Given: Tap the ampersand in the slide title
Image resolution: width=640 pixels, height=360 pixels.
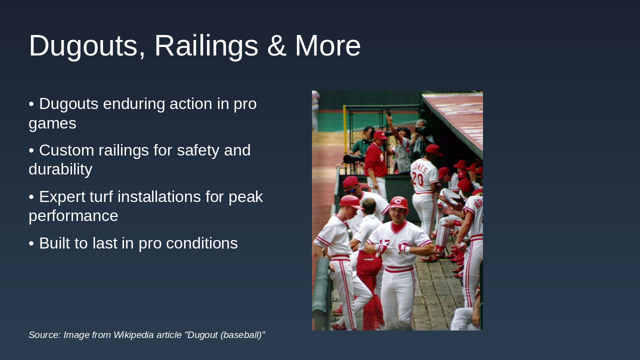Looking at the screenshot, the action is coord(276,45).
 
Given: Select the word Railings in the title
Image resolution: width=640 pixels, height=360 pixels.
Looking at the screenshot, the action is coord(206,46).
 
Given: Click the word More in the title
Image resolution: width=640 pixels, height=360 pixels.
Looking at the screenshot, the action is coord(327,45).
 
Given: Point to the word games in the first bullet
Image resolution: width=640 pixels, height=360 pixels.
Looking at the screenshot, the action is coord(52,123).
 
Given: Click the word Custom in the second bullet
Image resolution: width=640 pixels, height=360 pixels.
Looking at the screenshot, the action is coord(66,150).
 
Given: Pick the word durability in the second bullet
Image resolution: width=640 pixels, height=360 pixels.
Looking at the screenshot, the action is coord(60,169).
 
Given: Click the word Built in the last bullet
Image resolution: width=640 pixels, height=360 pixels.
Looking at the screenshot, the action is coord(54,243).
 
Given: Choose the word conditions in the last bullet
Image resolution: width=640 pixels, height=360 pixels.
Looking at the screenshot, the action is coord(201,243).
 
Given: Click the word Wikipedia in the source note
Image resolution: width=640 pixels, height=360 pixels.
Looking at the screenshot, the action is coord(133,335).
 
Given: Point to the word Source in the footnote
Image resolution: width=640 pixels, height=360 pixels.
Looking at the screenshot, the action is coord(44,335).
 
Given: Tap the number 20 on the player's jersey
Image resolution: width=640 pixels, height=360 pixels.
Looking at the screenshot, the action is coord(417,179).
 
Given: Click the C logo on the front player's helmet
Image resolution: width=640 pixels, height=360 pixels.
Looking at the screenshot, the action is coord(397,201).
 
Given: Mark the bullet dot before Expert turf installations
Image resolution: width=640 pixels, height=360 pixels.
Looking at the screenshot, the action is coord(31,197).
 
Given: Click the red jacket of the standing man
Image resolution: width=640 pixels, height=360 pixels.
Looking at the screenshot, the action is coord(375,160).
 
